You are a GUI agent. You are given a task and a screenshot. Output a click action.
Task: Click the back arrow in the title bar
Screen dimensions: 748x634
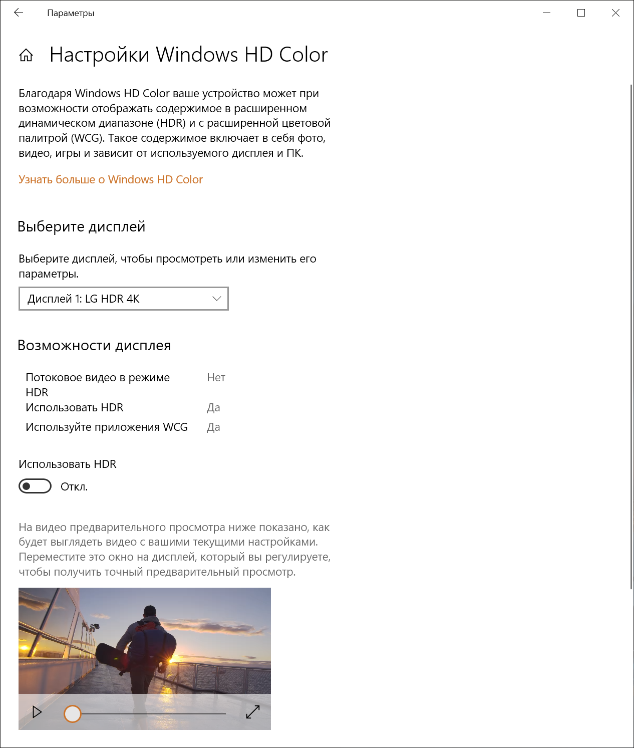click(x=19, y=13)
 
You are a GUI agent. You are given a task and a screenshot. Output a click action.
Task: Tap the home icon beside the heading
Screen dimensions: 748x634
click(x=26, y=55)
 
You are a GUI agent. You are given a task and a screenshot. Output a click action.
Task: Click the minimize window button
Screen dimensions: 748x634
click(x=546, y=13)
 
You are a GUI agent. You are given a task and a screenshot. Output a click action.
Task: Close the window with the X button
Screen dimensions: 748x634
click(x=615, y=13)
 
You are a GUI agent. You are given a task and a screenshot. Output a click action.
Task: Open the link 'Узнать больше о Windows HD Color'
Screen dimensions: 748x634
click(x=111, y=179)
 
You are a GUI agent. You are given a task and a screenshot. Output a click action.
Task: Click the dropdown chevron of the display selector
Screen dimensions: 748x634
click(x=217, y=299)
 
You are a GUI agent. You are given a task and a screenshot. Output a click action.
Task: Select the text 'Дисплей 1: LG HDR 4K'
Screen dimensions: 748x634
click(x=84, y=299)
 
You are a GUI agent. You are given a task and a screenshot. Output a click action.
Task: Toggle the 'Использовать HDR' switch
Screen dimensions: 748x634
click(x=35, y=486)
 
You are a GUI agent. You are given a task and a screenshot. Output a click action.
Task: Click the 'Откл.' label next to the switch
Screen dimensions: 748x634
click(x=74, y=487)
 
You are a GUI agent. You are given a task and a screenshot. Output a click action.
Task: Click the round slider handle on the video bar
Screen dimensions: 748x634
click(x=73, y=713)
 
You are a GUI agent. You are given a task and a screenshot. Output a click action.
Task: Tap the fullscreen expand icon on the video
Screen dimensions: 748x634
click(x=253, y=712)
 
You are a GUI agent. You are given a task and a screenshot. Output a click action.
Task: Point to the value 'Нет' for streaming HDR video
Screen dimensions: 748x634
click(x=216, y=377)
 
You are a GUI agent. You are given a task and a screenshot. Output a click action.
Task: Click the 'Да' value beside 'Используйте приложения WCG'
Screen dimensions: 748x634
click(x=213, y=427)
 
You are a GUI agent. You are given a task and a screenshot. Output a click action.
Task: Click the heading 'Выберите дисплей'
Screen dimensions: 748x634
click(x=81, y=226)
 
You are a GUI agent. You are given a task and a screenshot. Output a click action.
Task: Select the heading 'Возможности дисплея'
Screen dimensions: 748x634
click(x=94, y=345)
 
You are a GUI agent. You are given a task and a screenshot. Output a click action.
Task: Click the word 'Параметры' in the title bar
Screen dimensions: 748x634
click(x=71, y=13)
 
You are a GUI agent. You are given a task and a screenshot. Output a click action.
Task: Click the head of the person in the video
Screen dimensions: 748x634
click(x=149, y=612)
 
